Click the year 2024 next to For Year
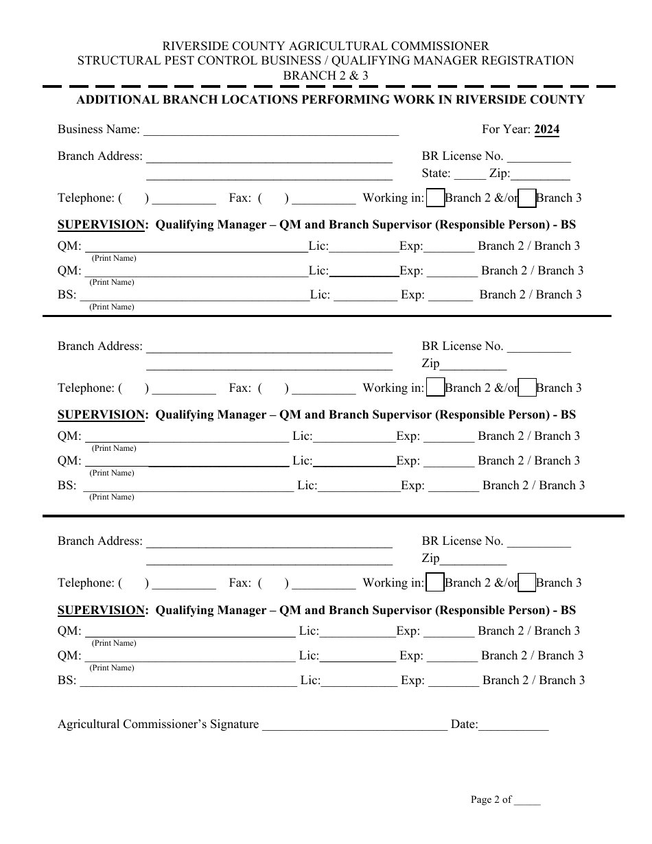tap(546, 129)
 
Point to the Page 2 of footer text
tap(491, 799)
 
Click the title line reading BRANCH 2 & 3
tap(325, 75)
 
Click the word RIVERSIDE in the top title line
tap(196, 46)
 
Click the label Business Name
tap(98, 129)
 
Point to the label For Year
tap(506, 129)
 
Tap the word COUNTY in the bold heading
tap(557, 99)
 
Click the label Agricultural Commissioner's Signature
tap(158, 724)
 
